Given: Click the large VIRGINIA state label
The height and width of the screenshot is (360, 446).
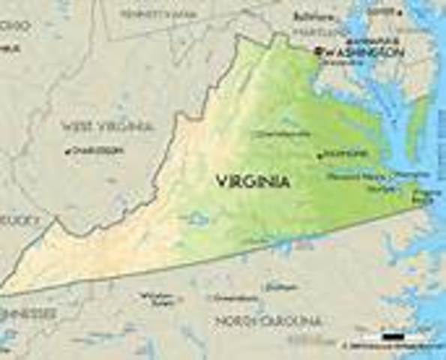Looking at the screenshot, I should pos(253,181).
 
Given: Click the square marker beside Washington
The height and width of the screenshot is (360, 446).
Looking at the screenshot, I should pos(319,51).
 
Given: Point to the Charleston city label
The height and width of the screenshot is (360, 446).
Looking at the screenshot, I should pos(95,150).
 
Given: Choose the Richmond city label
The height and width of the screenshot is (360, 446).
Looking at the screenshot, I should pos(346,154).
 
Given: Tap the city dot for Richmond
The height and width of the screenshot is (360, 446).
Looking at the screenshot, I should pos(320,156).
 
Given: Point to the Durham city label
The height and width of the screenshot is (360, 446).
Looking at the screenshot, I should pos(282,286).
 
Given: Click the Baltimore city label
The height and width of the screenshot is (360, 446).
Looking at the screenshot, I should pos(313,16).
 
